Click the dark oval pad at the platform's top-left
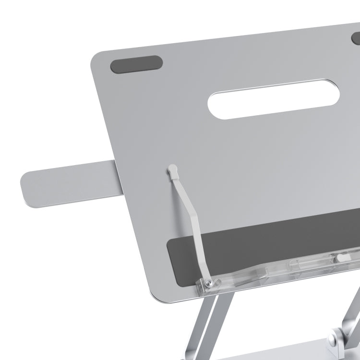[x=136, y=64]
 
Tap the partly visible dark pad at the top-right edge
[x=356, y=38]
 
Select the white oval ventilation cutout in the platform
[x=274, y=99]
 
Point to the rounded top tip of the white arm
[x=173, y=169]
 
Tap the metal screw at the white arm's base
[x=210, y=285]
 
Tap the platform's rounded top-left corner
[x=96, y=60]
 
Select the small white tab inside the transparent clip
[x=342, y=258]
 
